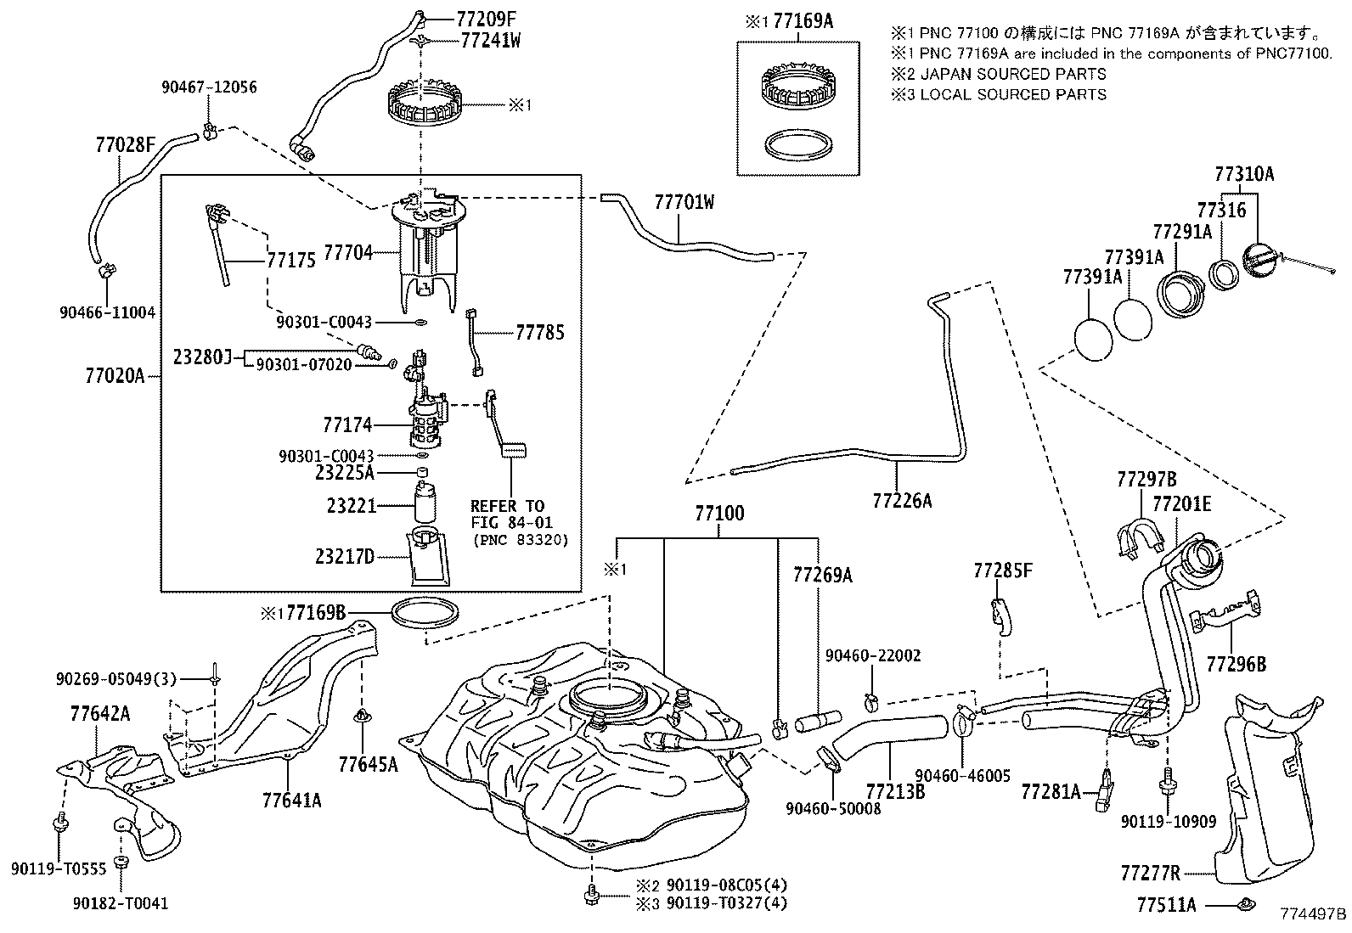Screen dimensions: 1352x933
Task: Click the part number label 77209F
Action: point(486,20)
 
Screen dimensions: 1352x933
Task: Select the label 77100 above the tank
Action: point(718,513)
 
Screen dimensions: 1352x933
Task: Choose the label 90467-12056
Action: point(209,87)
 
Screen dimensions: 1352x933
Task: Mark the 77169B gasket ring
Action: point(423,614)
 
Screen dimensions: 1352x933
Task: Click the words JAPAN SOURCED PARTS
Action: point(1013,74)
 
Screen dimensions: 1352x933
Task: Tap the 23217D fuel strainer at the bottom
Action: point(429,555)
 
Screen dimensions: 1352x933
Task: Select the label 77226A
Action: point(902,500)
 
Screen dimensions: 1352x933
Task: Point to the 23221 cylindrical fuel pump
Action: point(425,502)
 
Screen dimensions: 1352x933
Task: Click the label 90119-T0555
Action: point(59,868)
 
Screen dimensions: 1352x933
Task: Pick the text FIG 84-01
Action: point(512,522)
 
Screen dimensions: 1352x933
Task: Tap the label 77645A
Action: point(369,765)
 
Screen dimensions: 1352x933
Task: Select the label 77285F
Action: point(1002,570)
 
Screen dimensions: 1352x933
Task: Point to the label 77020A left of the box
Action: point(115,376)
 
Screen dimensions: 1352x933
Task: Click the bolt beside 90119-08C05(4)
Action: point(591,895)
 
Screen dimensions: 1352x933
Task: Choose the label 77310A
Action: point(1244,174)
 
